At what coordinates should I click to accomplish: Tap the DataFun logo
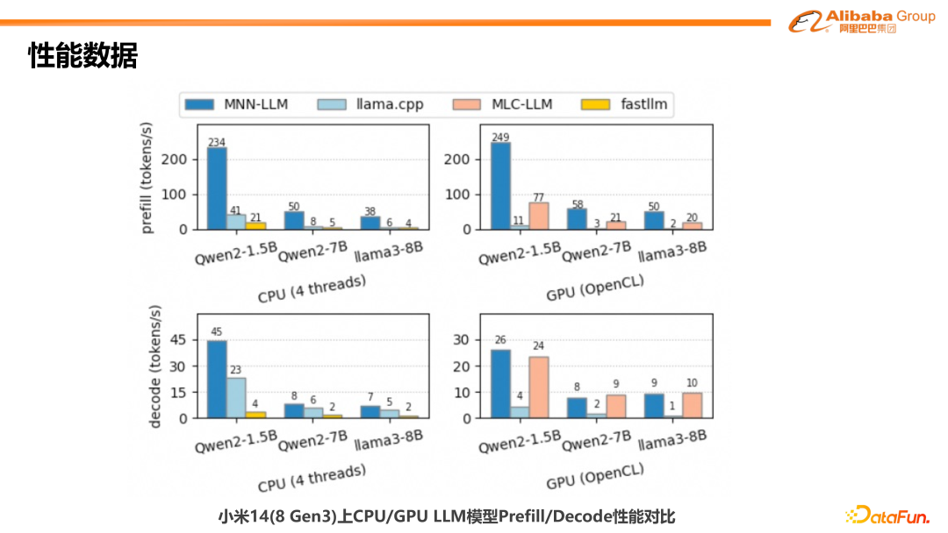pyautogui.click(x=887, y=515)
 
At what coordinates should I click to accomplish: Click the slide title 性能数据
pyautogui.click(x=83, y=55)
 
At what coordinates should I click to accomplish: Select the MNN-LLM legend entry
pyautogui.click(x=237, y=104)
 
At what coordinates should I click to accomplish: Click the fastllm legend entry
pyautogui.click(x=624, y=104)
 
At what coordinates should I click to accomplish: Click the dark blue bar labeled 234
pyautogui.click(x=217, y=188)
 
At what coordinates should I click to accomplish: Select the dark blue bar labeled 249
pyautogui.click(x=501, y=185)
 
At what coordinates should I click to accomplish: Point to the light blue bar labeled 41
pyautogui.click(x=236, y=222)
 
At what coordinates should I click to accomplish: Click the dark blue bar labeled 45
pyautogui.click(x=217, y=379)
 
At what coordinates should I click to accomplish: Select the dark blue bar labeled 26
pyautogui.click(x=501, y=384)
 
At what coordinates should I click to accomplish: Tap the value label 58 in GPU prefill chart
pyautogui.click(x=576, y=203)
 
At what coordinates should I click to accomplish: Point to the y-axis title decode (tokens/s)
pyautogui.click(x=155, y=366)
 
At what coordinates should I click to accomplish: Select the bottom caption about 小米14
pyautogui.click(x=447, y=516)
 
